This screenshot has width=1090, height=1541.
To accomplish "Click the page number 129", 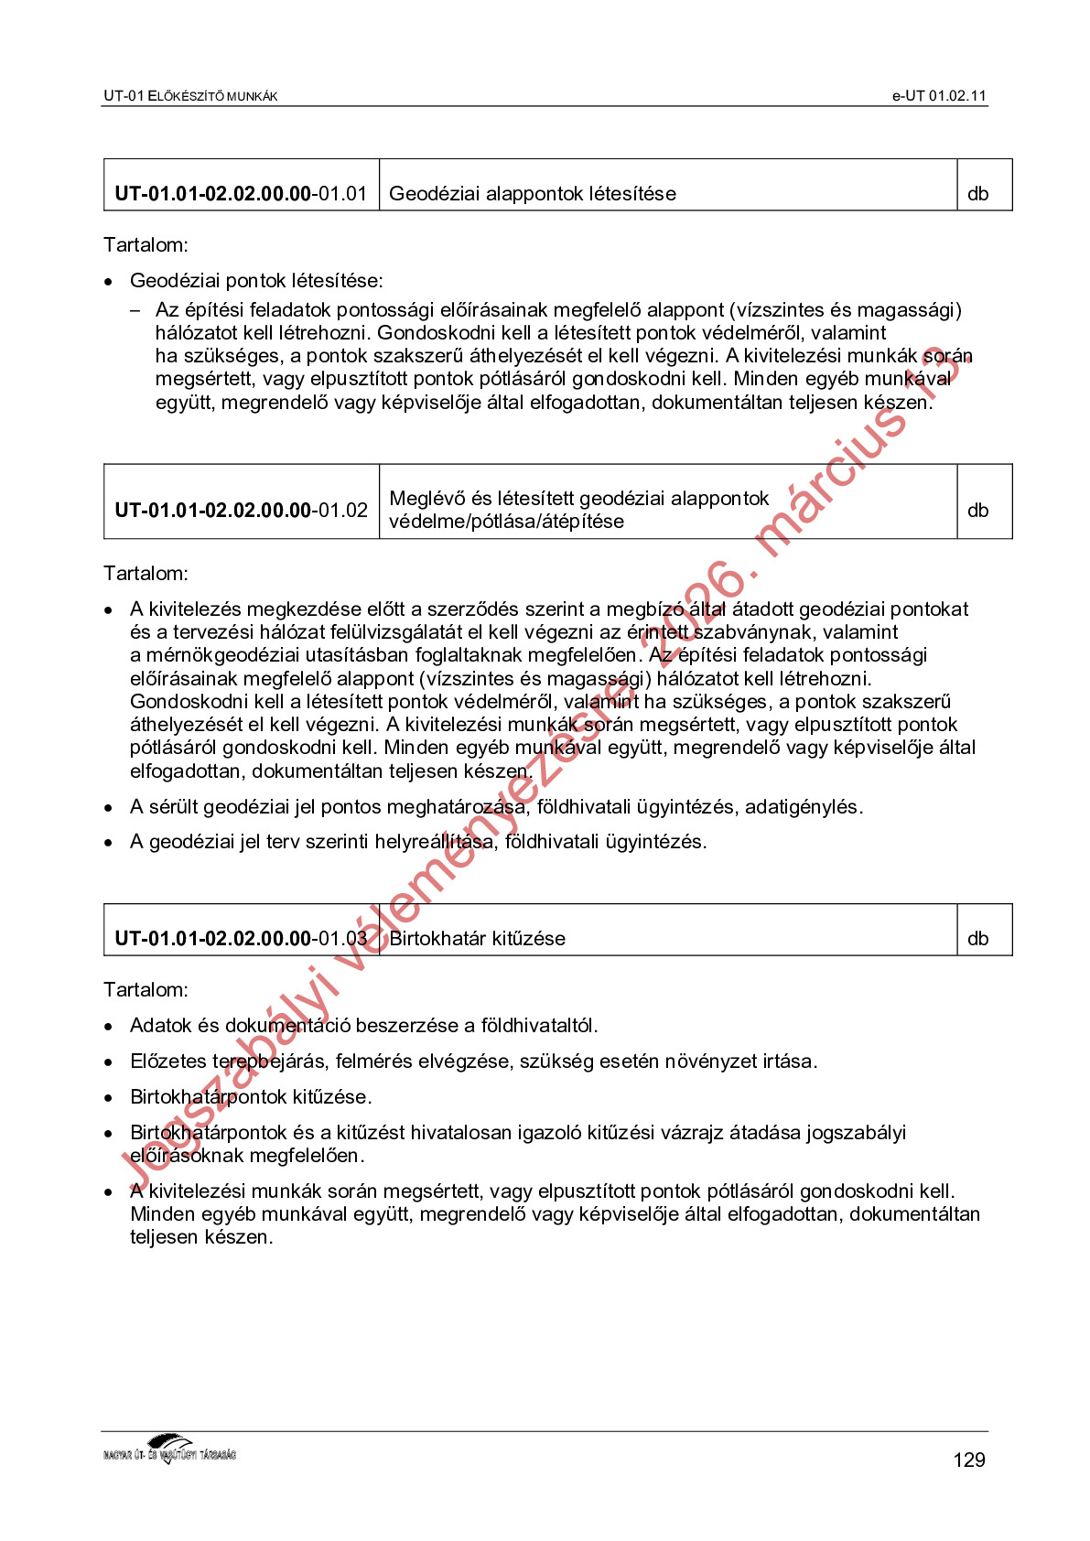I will pos(968,1459).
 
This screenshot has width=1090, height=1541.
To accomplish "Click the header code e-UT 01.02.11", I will pos(939,96).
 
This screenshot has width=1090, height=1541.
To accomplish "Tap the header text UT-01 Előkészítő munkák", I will pos(190,96).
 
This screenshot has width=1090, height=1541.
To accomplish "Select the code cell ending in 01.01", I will pos(241,194).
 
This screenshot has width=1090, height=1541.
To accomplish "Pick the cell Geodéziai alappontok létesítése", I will pos(532,194).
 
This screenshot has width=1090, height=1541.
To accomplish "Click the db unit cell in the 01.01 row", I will pos(977,194).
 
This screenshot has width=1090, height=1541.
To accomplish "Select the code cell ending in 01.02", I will pos(241,510).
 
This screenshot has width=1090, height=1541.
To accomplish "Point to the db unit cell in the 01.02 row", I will pos(977,510).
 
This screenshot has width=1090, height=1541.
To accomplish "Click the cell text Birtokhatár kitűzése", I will pos(478,938).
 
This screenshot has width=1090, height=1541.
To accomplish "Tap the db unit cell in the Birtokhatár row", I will pos(977,938).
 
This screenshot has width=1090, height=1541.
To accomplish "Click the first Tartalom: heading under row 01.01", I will pos(146,245).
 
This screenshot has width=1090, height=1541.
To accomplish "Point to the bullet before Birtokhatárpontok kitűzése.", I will pos(109,1098).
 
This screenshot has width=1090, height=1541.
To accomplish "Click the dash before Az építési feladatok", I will pos(135,311).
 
